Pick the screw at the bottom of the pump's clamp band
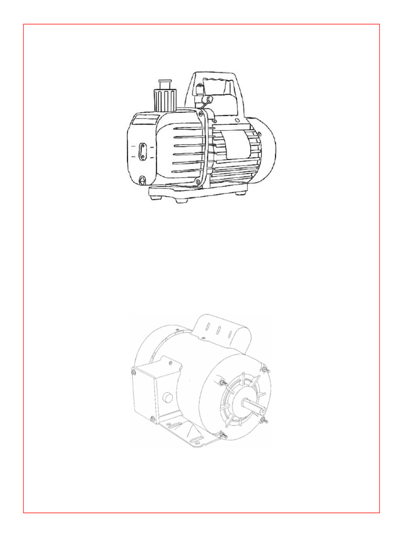198,182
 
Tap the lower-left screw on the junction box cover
152,418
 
